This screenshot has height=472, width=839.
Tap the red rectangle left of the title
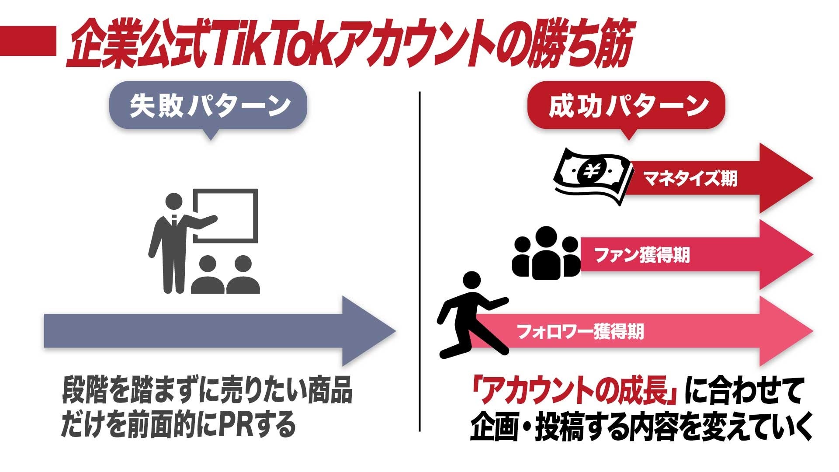point(28,41)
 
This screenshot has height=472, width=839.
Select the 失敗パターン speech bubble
point(208,106)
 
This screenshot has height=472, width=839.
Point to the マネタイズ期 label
point(690,178)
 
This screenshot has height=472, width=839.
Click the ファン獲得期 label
point(642,255)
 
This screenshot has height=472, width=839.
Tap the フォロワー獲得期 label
point(580,332)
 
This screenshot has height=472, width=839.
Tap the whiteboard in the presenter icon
point(225,215)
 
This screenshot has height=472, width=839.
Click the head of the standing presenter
point(174,202)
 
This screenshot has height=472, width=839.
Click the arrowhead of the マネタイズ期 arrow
point(784,178)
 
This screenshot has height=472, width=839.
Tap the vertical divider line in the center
point(419,262)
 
